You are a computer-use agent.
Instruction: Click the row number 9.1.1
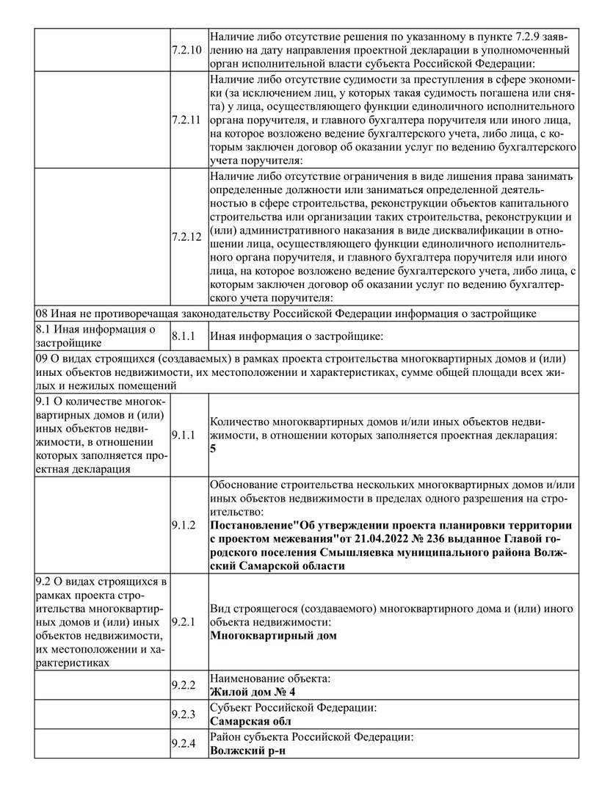pyautogui.click(x=183, y=435)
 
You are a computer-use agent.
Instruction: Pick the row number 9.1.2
pyautogui.click(x=183, y=525)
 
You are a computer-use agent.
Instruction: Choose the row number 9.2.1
pyautogui.click(x=183, y=622)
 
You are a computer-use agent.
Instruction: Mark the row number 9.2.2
pyautogui.click(x=183, y=685)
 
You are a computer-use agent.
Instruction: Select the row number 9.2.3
pyautogui.click(x=183, y=714)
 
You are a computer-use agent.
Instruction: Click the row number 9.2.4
pyautogui.click(x=183, y=744)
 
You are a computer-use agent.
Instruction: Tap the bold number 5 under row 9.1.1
pyautogui.click(x=213, y=448)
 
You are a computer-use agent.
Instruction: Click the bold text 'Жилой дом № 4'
pyautogui.click(x=253, y=692)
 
